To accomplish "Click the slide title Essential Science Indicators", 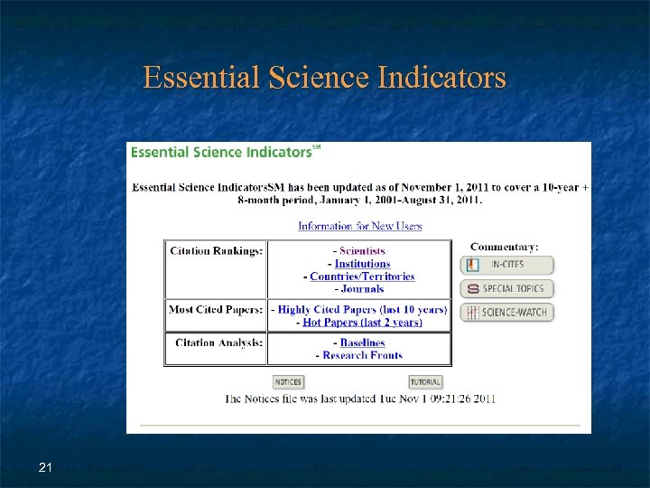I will [324, 78].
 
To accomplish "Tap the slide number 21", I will [45, 467].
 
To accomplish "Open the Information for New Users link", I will [359, 226].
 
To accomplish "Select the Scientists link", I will [362, 251].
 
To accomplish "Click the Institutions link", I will [362, 264].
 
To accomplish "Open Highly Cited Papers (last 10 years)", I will [362, 310].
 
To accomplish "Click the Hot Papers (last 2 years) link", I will [362, 323].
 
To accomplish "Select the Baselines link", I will [362, 343].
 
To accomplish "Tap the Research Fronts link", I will [362, 356].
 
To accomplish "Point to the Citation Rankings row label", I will [217, 251].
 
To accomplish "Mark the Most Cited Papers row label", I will [217, 310].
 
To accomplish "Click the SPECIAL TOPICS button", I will [507, 289].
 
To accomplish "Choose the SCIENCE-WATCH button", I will [507, 313].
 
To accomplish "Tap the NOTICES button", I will [288, 382].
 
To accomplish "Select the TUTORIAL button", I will [425, 382].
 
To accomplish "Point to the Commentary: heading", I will [504, 247].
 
